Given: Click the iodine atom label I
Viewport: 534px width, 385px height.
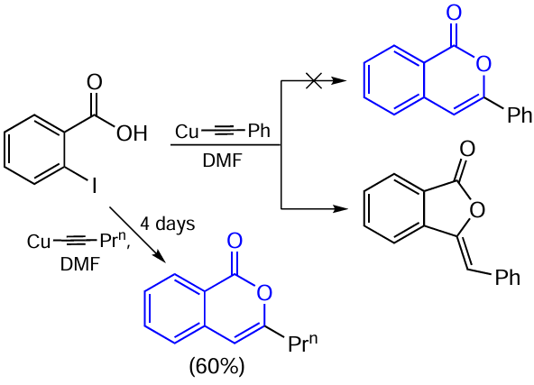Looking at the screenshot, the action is tap(94, 187).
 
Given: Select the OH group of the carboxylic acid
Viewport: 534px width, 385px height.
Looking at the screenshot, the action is tap(132, 133).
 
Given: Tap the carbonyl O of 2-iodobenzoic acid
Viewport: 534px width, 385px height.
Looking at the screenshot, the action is tap(95, 82).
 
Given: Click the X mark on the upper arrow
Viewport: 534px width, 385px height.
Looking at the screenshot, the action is tap(314, 81).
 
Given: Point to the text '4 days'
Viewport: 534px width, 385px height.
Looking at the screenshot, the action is tap(168, 225).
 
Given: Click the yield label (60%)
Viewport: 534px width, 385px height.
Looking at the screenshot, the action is tap(216, 367).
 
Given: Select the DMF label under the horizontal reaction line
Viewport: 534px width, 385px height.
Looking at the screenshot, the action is tap(223, 160).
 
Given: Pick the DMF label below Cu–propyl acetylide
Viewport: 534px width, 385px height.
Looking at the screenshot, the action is tap(80, 264).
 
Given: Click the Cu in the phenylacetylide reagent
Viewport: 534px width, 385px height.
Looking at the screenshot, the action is tap(187, 132).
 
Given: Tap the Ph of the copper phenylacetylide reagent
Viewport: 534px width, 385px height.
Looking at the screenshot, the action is tap(259, 131).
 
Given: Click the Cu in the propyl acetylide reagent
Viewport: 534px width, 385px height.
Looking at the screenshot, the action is tap(39, 242).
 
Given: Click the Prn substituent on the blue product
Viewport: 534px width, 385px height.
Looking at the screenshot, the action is tap(303, 344).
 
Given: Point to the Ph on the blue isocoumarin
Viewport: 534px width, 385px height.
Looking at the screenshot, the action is tap(520, 115).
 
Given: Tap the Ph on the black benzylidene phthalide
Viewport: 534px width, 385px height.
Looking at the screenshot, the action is tap(508, 278).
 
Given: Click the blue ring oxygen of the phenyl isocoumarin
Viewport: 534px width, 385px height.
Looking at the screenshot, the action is tap(483, 64).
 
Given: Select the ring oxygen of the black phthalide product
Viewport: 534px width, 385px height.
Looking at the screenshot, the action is tap(477, 209).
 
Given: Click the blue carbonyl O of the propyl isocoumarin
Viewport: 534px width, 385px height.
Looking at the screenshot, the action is tap(235, 241).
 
